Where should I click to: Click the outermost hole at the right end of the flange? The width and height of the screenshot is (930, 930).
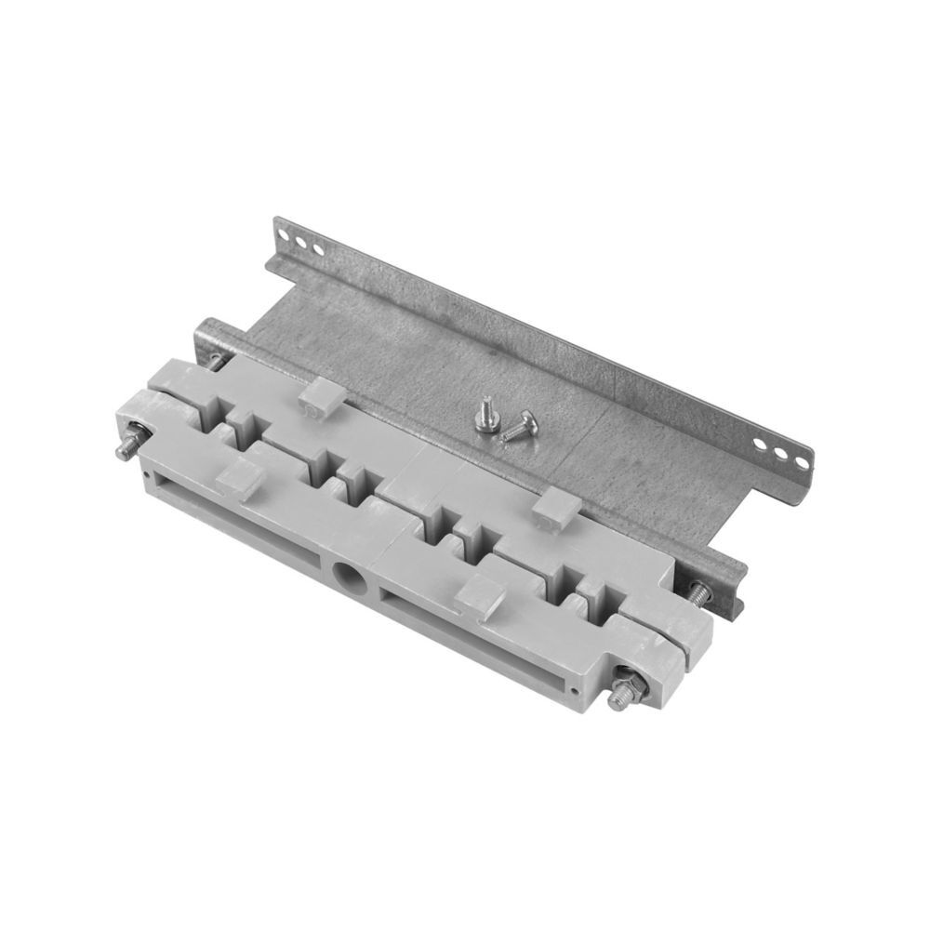799,458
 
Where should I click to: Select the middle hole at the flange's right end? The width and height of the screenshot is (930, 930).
782,451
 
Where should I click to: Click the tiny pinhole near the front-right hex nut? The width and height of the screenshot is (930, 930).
580,689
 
